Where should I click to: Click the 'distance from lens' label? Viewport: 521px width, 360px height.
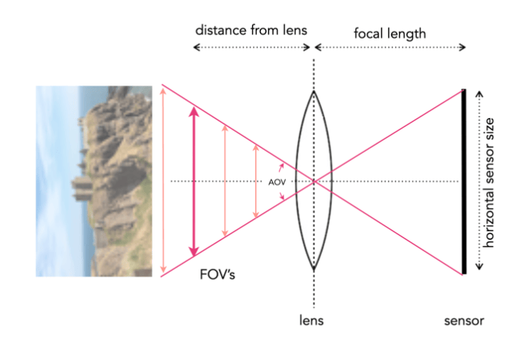251,30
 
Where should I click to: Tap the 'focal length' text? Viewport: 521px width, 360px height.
390,34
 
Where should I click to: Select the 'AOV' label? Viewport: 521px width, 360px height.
277,182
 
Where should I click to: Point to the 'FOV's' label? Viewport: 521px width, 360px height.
217,274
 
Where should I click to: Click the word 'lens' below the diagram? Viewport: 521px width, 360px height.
311,321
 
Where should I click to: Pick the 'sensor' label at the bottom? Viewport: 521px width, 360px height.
464,321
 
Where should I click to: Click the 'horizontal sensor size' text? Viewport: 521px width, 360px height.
489,183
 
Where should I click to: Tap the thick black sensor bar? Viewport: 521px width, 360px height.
464,181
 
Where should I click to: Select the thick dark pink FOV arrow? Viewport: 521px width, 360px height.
193,181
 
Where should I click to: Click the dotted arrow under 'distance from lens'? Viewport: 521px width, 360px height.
251,47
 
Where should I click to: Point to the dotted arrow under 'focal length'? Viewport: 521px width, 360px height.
390,47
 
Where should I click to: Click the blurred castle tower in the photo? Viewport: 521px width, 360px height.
82,188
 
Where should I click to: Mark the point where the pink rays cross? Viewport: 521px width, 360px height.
314,181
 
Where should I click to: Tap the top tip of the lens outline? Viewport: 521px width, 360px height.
314,91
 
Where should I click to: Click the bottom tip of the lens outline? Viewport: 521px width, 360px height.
314,268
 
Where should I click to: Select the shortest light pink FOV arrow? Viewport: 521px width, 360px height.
256,181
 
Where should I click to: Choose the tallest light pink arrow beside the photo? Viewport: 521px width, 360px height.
163,180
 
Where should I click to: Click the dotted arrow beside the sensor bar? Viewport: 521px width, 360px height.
479,180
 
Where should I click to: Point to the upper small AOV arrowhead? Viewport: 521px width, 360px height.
282,167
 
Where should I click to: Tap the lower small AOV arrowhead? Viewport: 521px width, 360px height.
282,196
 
